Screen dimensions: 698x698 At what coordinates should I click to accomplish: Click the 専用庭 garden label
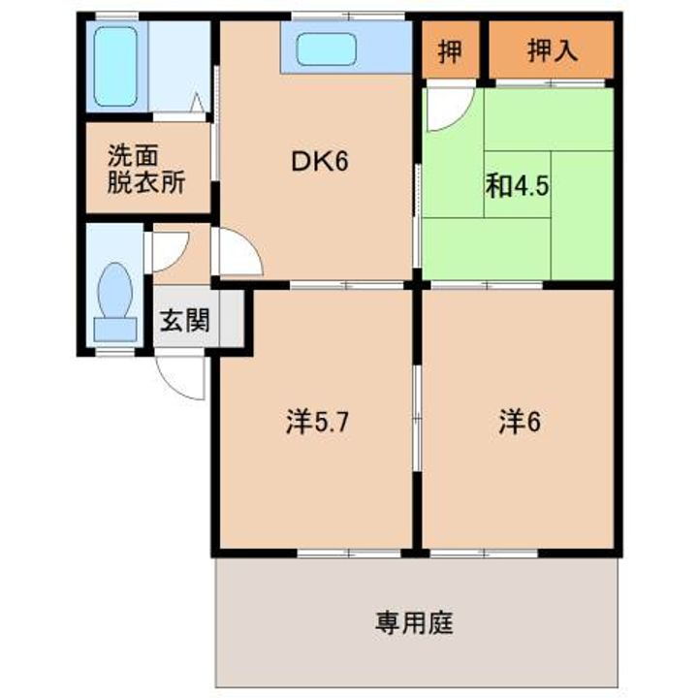tap(414, 621)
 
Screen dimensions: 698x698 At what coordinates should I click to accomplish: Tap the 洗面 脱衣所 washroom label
tap(145, 169)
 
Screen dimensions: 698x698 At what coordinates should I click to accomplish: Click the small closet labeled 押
tap(449, 50)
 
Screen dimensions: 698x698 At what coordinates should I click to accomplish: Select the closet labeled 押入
tap(552, 50)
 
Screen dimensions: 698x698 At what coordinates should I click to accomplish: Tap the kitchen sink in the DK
tap(329, 48)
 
